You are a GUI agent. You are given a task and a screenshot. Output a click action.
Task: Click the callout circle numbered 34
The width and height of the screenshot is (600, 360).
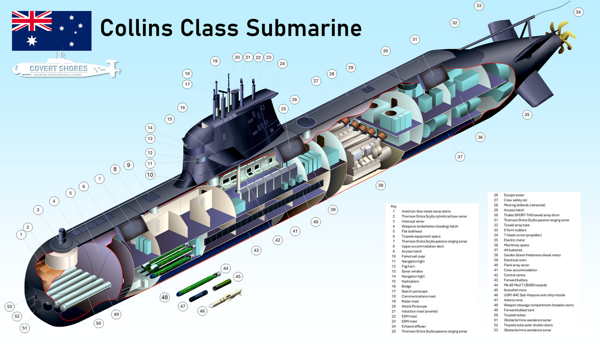(578, 12)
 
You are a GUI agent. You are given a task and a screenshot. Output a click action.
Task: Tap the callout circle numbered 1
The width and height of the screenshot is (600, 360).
(21, 234)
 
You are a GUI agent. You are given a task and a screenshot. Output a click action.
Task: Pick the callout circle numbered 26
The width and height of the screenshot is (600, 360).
(294, 99)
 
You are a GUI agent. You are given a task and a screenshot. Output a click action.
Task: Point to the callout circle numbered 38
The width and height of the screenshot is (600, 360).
(381, 185)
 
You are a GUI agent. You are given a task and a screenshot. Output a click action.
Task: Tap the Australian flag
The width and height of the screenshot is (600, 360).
(52, 31)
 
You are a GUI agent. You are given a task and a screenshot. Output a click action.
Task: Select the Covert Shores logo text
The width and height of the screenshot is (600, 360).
(59, 69)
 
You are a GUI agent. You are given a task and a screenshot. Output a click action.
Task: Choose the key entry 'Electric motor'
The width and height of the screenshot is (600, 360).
(515, 240)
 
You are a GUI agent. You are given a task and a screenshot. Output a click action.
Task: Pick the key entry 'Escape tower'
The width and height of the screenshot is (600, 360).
(514, 195)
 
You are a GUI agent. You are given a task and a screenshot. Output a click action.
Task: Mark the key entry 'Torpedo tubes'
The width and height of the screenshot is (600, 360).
(516, 315)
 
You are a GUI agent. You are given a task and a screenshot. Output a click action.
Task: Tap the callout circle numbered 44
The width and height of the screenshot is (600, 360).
(226, 269)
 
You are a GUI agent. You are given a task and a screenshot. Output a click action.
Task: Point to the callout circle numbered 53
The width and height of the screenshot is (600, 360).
(9, 307)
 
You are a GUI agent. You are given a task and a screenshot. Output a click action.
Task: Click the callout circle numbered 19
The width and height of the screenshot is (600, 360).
(215, 61)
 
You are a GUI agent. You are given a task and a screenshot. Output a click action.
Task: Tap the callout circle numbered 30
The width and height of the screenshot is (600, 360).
(385, 51)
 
